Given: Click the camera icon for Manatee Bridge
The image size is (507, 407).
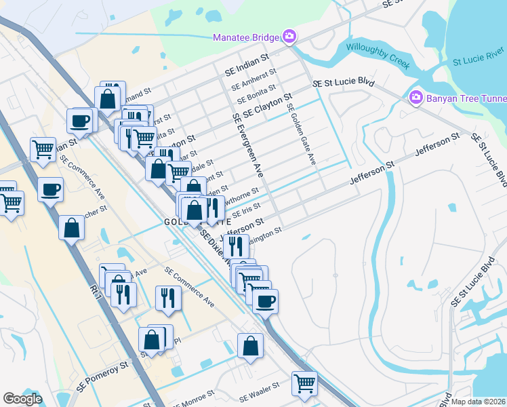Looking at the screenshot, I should tap(290, 36).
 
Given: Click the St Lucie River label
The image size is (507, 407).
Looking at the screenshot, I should tap(479, 54).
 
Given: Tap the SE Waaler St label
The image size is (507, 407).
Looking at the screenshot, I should tap(259, 387).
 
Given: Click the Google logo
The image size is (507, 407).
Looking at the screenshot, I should tap(22, 399).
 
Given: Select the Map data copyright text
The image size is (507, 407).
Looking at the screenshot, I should tap(479, 402).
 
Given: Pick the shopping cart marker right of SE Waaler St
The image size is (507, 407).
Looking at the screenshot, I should tap(304, 383).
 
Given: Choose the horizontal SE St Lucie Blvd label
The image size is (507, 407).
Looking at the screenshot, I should tap(344, 82).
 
